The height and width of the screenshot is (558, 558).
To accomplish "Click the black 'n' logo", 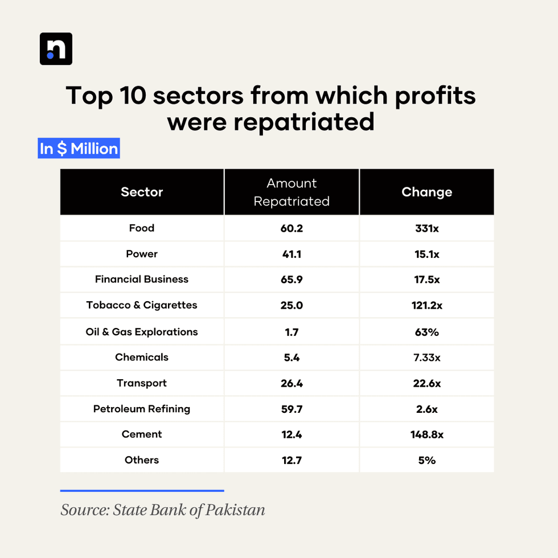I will (x=56, y=48).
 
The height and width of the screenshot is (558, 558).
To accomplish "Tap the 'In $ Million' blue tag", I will (x=79, y=149).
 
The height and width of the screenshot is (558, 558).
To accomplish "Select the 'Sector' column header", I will (x=142, y=192).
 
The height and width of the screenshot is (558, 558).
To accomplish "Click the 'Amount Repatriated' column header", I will (x=292, y=192).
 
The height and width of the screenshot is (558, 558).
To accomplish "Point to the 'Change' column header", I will (x=426, y=192).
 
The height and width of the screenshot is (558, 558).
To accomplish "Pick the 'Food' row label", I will (x=142, y=228).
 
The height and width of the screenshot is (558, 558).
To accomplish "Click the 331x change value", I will (x=426, y=228).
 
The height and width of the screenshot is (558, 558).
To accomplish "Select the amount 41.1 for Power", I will (x=292, y=254).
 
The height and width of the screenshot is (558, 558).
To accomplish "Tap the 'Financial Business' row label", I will (x=142, y=280).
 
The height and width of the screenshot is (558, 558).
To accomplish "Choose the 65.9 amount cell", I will (x=292, y=280).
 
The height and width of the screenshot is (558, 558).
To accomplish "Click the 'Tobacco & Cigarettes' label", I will (x=142, y=305).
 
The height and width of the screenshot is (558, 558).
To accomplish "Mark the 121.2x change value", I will (x=426, y=305).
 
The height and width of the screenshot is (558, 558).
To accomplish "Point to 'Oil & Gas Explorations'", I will (x=142, y=332).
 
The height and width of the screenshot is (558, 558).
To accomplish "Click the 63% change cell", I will (x=426, y=332).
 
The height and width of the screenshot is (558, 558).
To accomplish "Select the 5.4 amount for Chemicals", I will (x=292, y=358).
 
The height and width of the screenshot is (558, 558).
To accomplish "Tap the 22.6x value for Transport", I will (x=426, y=383).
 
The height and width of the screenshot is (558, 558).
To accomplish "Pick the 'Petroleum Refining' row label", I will (x=142, y=409).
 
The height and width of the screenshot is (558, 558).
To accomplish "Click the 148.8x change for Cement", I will (x=426, y=434).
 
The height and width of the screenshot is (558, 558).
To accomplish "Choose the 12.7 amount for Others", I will (x=292, y=460).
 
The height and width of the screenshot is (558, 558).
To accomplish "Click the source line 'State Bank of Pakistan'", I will (x=163, y=509).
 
